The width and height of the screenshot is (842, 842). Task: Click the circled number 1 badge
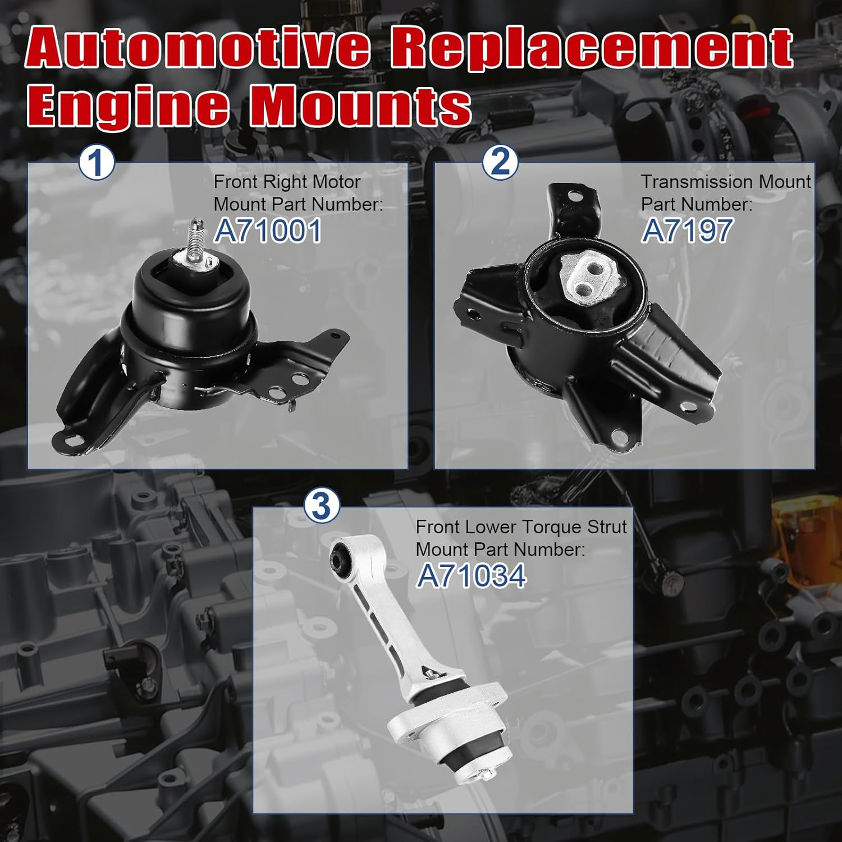coord(97,163)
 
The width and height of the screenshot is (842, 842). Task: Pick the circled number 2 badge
coord(500,162)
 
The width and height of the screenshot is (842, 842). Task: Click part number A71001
coord(268,231)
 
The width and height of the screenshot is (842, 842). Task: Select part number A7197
coord(687,231)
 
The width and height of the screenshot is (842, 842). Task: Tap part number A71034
coord(471,576)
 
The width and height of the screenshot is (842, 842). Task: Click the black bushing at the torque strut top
coord(340,555)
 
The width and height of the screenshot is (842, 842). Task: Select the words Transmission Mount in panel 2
coord(726,182)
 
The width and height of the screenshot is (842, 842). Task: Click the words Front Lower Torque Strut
coord(521,527)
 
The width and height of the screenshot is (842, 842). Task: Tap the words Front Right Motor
coord(287,182)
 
